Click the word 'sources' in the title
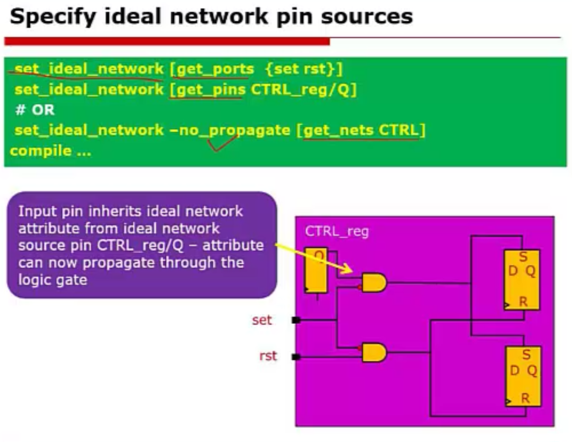point(366,16)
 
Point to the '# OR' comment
point(35,110)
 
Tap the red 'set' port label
point(262,320)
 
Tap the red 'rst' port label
point(268,356)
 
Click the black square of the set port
point(296,320)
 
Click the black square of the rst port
point(296,357)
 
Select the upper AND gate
point(374,283)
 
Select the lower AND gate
point(374,352)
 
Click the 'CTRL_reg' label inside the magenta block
point(337,231)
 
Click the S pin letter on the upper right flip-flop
point(523,256)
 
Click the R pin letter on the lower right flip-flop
point(525,398)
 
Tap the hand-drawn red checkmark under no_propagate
point(223,143)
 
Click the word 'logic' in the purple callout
point(33,280)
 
